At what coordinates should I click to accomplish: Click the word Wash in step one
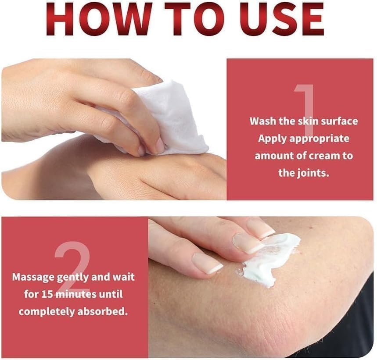262,121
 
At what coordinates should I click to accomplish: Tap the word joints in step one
312,173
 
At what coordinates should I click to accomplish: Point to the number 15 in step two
47,294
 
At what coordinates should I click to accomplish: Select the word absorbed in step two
102,312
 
